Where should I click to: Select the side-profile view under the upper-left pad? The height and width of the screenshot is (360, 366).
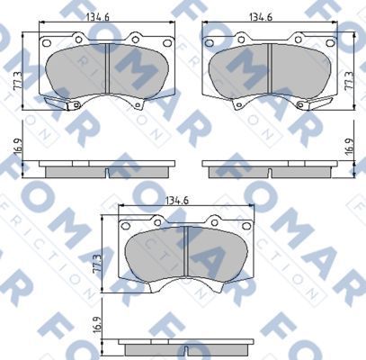point(107,170)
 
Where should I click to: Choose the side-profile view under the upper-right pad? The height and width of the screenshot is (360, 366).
point(273,170)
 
